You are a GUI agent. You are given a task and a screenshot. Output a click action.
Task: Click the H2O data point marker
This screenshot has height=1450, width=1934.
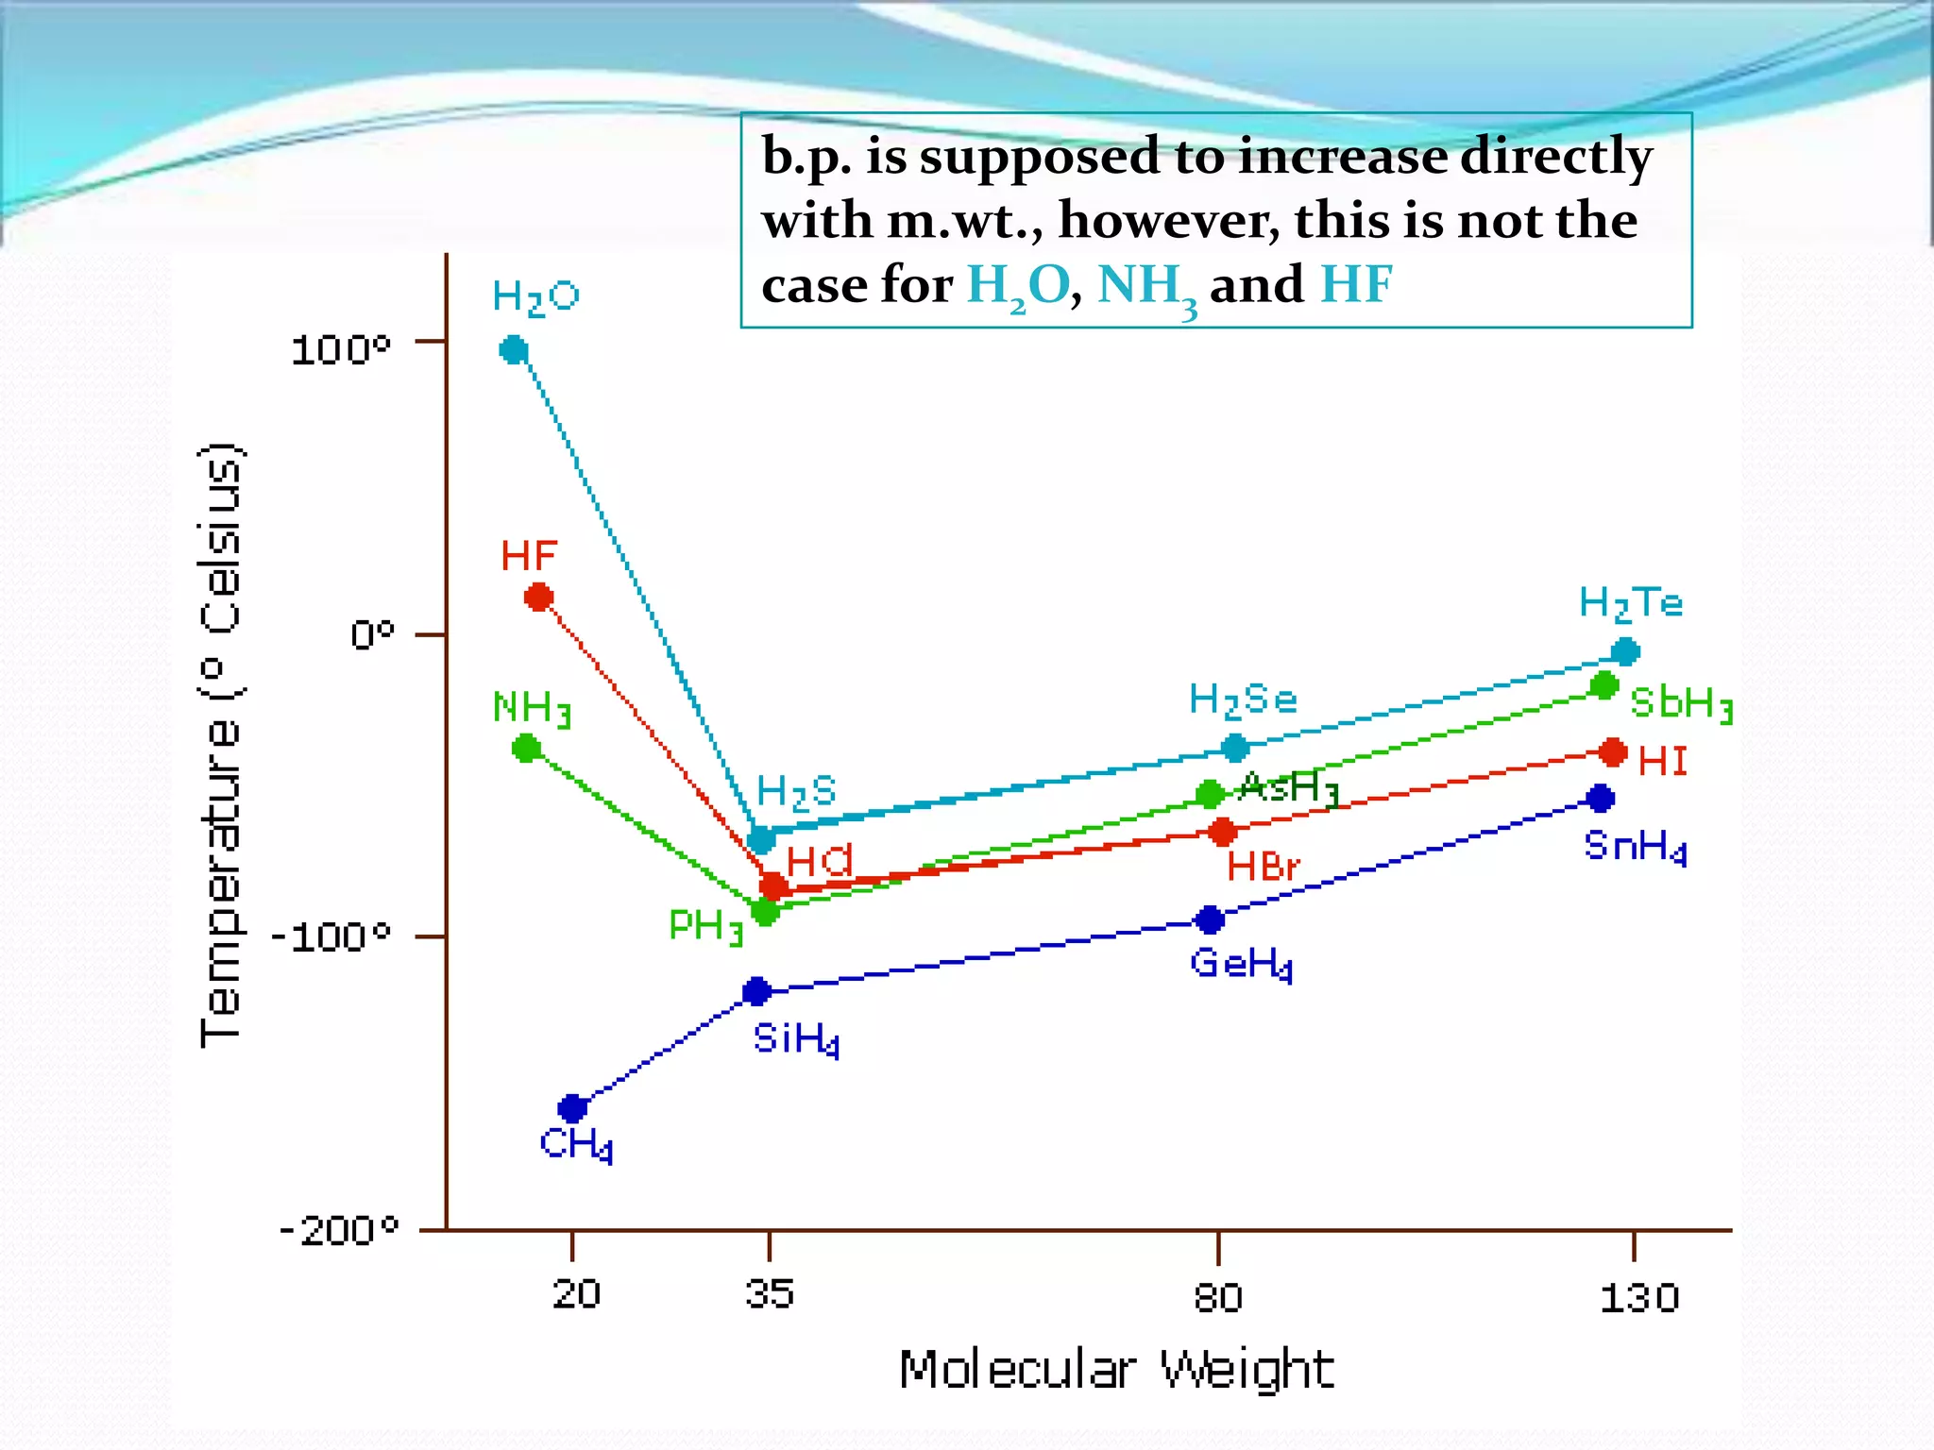(513, 350)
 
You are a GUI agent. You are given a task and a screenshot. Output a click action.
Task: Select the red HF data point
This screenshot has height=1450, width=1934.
(538, 597)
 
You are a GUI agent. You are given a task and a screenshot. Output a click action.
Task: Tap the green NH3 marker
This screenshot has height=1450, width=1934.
(527, 749)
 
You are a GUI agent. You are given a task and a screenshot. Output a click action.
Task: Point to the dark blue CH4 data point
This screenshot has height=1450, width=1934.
(572, 1107)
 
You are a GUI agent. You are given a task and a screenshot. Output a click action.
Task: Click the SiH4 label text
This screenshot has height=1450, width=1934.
(795, 1039)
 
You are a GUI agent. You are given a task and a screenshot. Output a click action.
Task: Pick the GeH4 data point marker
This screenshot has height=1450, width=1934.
(1210, 919)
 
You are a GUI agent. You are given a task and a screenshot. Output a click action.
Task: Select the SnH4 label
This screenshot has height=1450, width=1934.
(1635, 847)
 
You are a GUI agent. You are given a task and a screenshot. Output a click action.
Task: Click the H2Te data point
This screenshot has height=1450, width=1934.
(1625, 651)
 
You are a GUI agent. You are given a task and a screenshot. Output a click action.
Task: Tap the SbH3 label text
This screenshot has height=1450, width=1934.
(1681, 703)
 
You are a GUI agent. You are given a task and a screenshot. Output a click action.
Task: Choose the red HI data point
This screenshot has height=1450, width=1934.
(1613, 752)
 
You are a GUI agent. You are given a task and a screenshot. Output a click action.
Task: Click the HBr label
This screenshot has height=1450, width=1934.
(1263, 867)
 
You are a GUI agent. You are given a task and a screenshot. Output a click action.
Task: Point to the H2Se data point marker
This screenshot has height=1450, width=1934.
(1234, 748)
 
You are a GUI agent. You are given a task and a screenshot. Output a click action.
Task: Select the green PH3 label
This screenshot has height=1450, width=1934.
(705, 926)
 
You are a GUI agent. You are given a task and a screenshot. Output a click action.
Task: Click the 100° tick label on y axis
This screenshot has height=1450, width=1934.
(340, 350)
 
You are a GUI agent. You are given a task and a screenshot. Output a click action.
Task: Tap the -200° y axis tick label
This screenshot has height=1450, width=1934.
(338, 1231)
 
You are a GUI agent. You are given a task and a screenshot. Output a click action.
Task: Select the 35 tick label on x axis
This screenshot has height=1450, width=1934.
(769, 1293)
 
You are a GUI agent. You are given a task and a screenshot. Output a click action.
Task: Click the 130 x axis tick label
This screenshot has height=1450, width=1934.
(1639, 1298)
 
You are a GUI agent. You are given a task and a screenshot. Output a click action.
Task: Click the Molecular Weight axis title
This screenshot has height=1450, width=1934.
(1115, 1371)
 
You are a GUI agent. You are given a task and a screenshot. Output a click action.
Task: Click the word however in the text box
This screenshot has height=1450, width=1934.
(1169, 221)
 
